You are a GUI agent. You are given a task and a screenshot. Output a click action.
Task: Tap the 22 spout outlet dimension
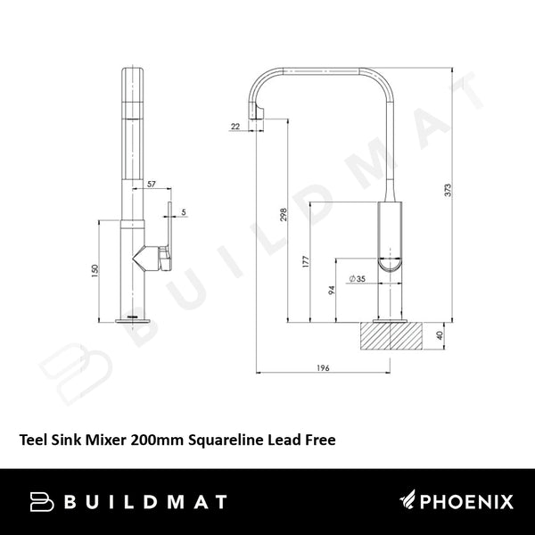[234, 128]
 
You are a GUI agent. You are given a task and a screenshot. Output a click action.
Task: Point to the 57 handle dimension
[151, 184]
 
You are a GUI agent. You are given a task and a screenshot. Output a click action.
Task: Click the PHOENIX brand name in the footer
[461, 500]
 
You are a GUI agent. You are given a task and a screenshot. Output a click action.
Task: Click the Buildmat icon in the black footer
[43, 501]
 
